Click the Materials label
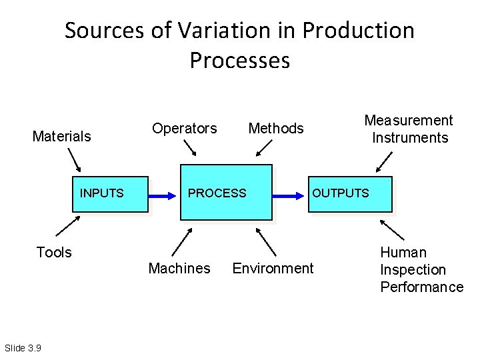62,137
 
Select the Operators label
185,128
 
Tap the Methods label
276,128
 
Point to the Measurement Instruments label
409,129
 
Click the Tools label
53,252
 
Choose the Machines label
179,268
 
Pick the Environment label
272,268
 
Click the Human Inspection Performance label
421,269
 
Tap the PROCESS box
225,192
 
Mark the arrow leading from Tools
67,225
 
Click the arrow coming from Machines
182,241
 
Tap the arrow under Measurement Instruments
385,161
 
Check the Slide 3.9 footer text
23,347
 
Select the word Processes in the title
240,60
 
